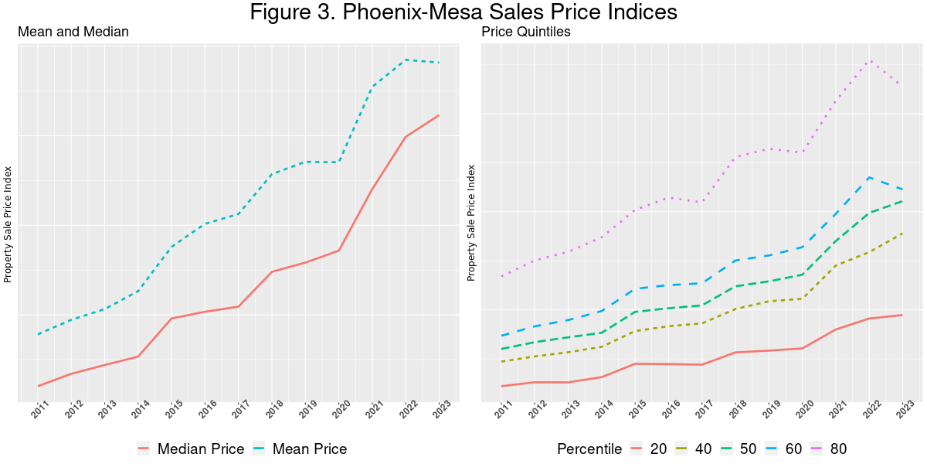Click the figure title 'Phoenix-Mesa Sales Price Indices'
[x=463, y=13]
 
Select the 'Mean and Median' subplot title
[x=73, y=32]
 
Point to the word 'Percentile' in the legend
[x=589, y=449]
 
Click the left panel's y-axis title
[x=8, y=223]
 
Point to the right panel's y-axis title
[x=471, y=222]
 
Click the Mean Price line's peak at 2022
[x=406, y=60]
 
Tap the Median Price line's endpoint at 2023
[x=439, y=115]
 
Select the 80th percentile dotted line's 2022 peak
[x=870, y=60]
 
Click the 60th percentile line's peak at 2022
[x=870, y=177]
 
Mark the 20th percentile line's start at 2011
[x=502, y=386]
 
